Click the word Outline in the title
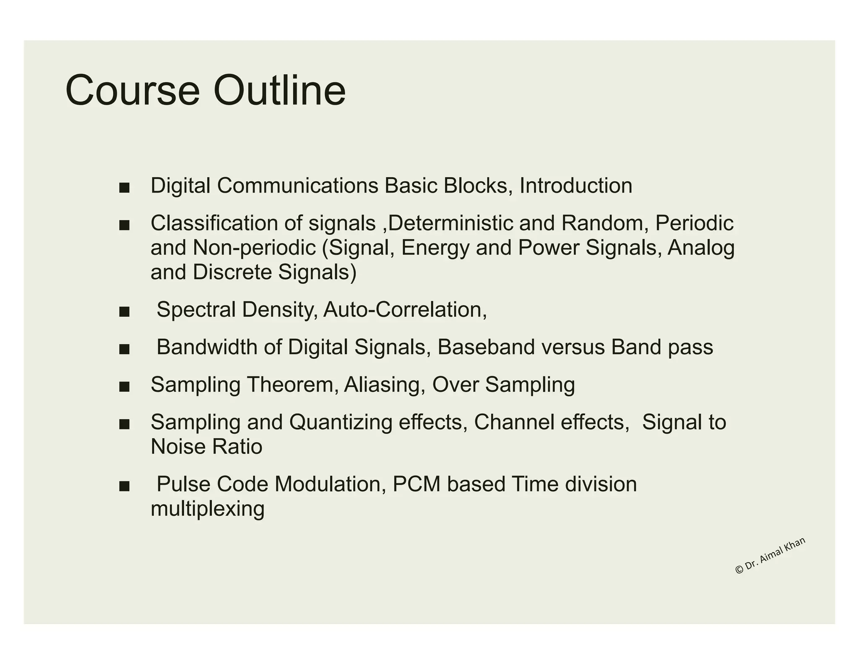[279, 91]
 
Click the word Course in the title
[133, 91]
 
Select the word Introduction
[575, 186]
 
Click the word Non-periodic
[254, 248]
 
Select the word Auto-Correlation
[404, 310]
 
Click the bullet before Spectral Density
[124, 312]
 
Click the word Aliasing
[381, 384]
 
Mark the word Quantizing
[341, 422]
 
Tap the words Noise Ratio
[206, 446]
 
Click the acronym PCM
[416, 484]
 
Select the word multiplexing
[207, 509]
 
